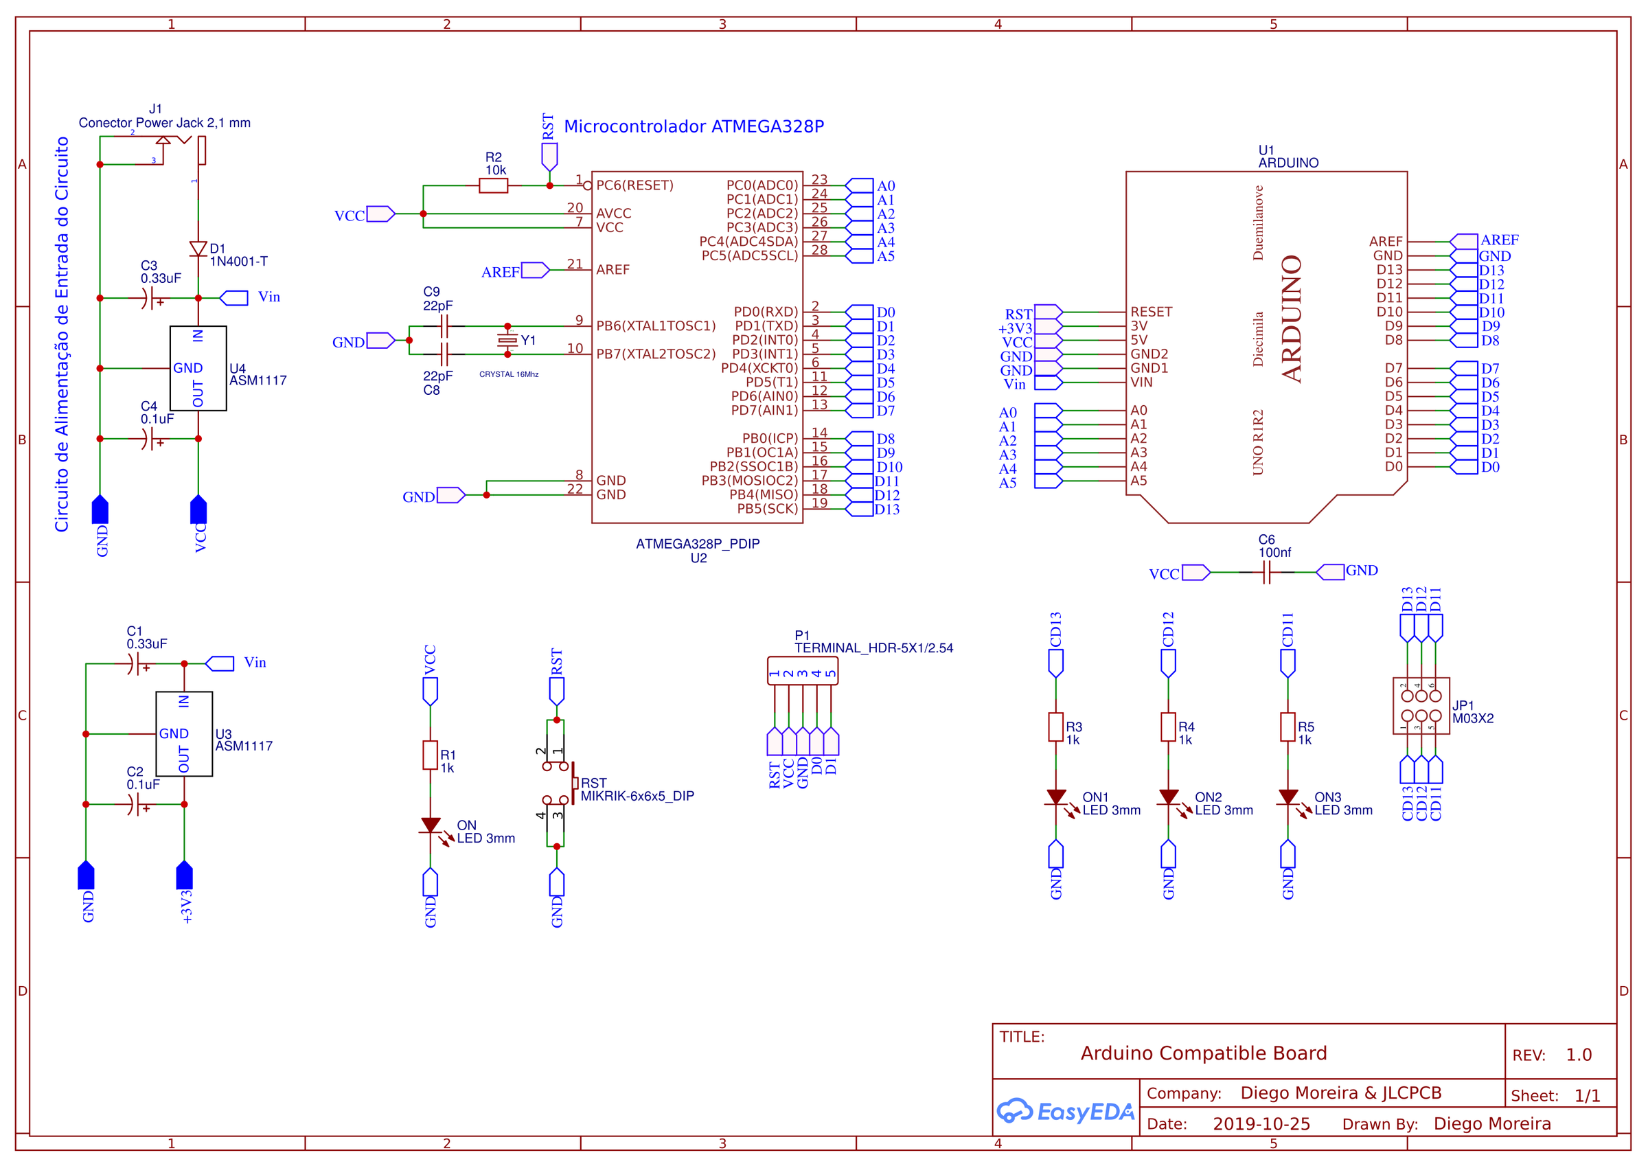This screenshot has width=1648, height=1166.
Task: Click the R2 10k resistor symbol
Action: click(x=493, y=186)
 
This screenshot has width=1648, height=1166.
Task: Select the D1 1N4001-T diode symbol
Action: click(x=198, y=249)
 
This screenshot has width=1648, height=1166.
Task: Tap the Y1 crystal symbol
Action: click(x=507, y=341)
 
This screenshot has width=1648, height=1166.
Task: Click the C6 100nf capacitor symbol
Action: click(x=1266, y=572)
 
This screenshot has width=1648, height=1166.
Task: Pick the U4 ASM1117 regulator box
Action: click(x=198, y=368)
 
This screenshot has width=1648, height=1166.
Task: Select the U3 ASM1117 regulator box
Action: click(x=184, y=734)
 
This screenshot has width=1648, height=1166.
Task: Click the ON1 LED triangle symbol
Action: click(x=1056, y=797)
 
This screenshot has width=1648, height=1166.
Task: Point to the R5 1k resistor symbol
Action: click(x=1287, y=727)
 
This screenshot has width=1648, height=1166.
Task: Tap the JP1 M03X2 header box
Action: click(x=1421, y=706)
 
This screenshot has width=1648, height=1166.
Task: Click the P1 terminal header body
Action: click(x=803, y=671)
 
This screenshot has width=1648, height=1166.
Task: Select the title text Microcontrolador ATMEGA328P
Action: click(x=694, y=127)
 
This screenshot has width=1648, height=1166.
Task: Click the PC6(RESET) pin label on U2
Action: click(x=634, y=186)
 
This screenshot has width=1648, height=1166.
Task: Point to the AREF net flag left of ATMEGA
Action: click(x=535, y=271)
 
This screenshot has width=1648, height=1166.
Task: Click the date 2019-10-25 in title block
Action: click(x=1261, y=1123)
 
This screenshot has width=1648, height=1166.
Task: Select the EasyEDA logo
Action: click(x=1065, y=1112)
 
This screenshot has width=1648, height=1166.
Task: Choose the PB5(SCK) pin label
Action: click(x=767, y=509)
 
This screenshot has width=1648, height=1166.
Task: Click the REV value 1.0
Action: click(x=1579, y=1055)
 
